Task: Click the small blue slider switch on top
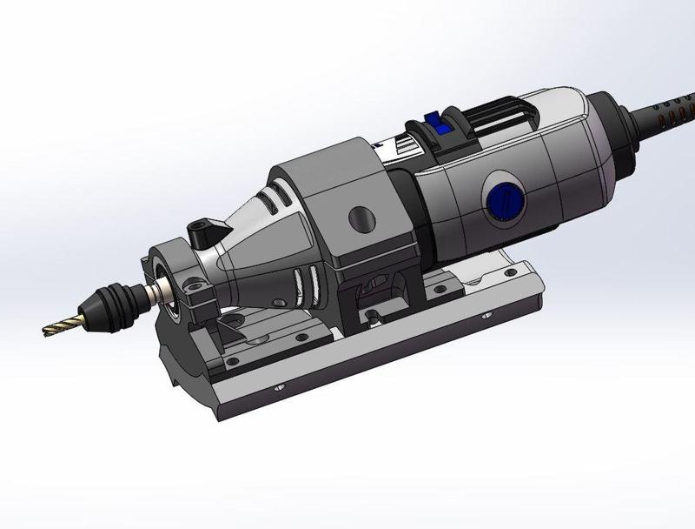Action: (x=439, y=128)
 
